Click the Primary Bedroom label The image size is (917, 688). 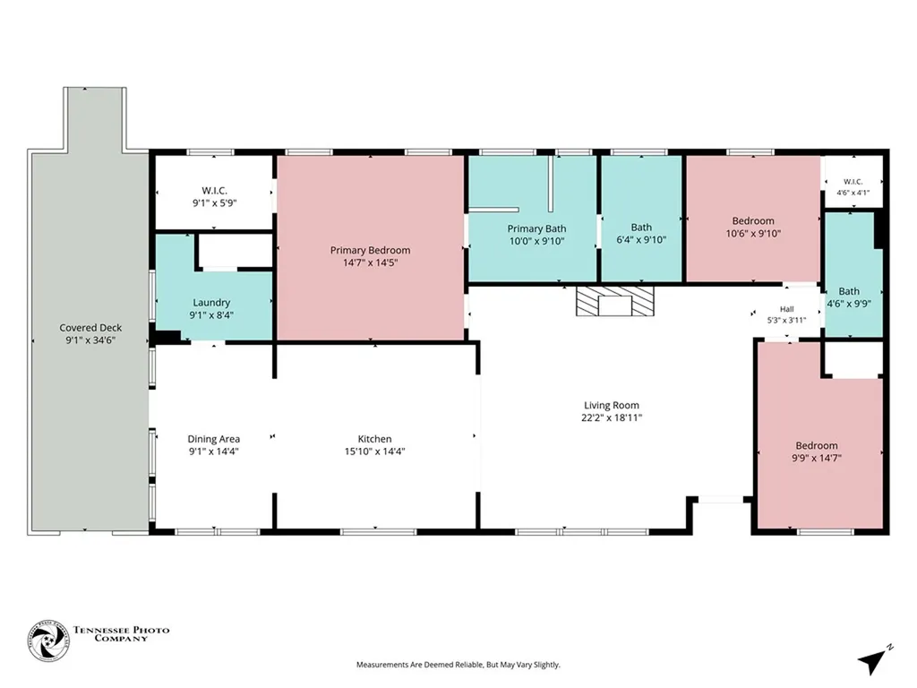click(370, 251)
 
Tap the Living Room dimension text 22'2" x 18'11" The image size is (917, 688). click(612, 417)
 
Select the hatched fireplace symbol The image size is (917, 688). click(614, 301)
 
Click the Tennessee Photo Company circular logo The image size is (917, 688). click(48, 641)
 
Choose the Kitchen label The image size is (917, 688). click(375, 439)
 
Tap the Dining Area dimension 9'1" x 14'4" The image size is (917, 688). click(213, 451)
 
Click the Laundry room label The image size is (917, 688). click(211, 303)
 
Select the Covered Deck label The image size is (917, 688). click(90, 328)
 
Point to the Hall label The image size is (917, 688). click(786, 309)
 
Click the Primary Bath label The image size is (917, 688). click(537, 228)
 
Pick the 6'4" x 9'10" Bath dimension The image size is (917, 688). click(641, 240)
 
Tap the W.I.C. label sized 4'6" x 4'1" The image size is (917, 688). click(853, 182)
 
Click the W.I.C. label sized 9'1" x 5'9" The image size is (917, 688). click(215, 191)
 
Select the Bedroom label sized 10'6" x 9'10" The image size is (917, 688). click(753, 221)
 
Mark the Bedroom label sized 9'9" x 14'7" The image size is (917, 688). click(817, 446)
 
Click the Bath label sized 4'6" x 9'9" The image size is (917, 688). click(849, 291)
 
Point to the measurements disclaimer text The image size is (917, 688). click(458, 665)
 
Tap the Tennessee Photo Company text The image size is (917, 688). click(122, 633)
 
